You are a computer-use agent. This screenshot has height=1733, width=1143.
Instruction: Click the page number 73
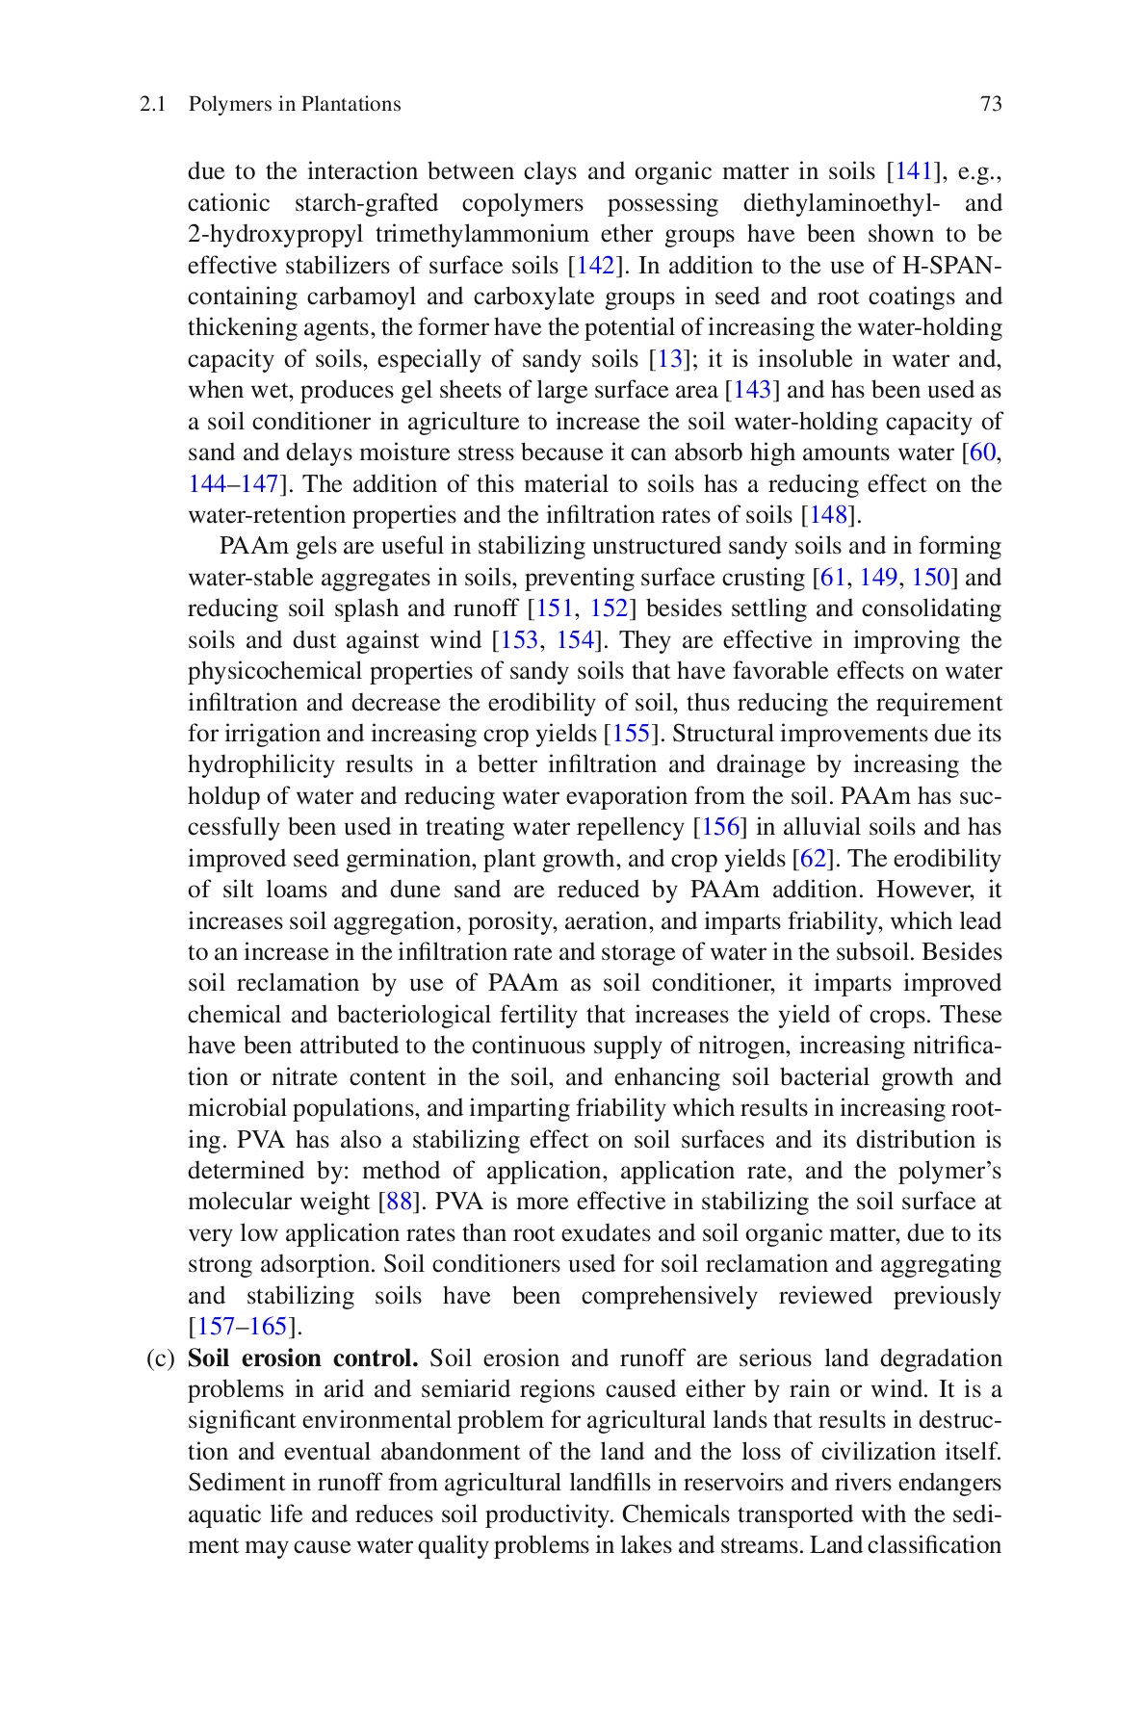pyautogui.click(x=991, y=104)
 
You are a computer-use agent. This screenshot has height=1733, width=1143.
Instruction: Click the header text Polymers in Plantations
pyautogui.click(x=295, y=104)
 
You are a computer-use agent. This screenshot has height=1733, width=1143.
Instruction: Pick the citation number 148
pyautogui.click(x=827, y=515)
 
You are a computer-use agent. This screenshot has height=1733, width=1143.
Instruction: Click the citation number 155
pyautogui.click(x=630, y=734)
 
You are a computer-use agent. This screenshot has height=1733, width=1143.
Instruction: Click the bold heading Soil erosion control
pyautogui.click(x=302, y=1358)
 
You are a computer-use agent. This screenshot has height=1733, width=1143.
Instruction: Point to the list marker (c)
pyautogui.click(x=160, y=1358)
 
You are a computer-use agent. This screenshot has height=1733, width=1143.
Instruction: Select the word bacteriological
pyautogui.click(x=417, y=1015)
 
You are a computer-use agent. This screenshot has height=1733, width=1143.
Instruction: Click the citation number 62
pyautogui.click(x=814, y=859)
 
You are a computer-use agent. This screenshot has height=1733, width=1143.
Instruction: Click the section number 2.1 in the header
pyautogui.click(x=151, y=104)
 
